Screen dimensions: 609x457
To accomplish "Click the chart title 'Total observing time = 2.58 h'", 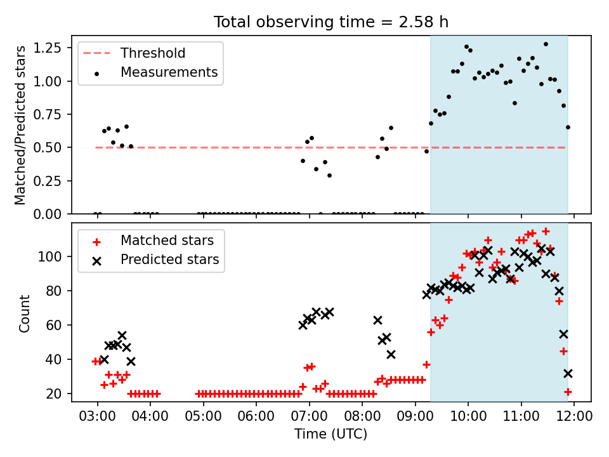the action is [331, 22].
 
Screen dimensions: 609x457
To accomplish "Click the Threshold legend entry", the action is [134, 53].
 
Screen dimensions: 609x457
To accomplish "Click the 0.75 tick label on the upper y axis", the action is [48, 114].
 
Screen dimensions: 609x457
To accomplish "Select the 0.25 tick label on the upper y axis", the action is [48, 181].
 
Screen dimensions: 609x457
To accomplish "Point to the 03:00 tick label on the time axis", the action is [97, 416].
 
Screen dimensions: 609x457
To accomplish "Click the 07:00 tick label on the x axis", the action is [309, 416].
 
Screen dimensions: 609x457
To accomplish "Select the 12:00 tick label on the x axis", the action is [574, 416].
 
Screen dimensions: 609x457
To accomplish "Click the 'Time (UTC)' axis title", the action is [331, 434].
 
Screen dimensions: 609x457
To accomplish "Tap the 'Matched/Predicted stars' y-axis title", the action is [20, 125].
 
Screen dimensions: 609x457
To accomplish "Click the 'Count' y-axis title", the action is [25, 314].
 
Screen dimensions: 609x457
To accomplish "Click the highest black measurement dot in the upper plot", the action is [546, 44].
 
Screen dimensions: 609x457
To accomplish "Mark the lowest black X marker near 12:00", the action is [568, 373].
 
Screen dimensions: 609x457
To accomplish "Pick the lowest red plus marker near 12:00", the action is [568, 392].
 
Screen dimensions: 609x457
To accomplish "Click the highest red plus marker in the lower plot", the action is [546, 231].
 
